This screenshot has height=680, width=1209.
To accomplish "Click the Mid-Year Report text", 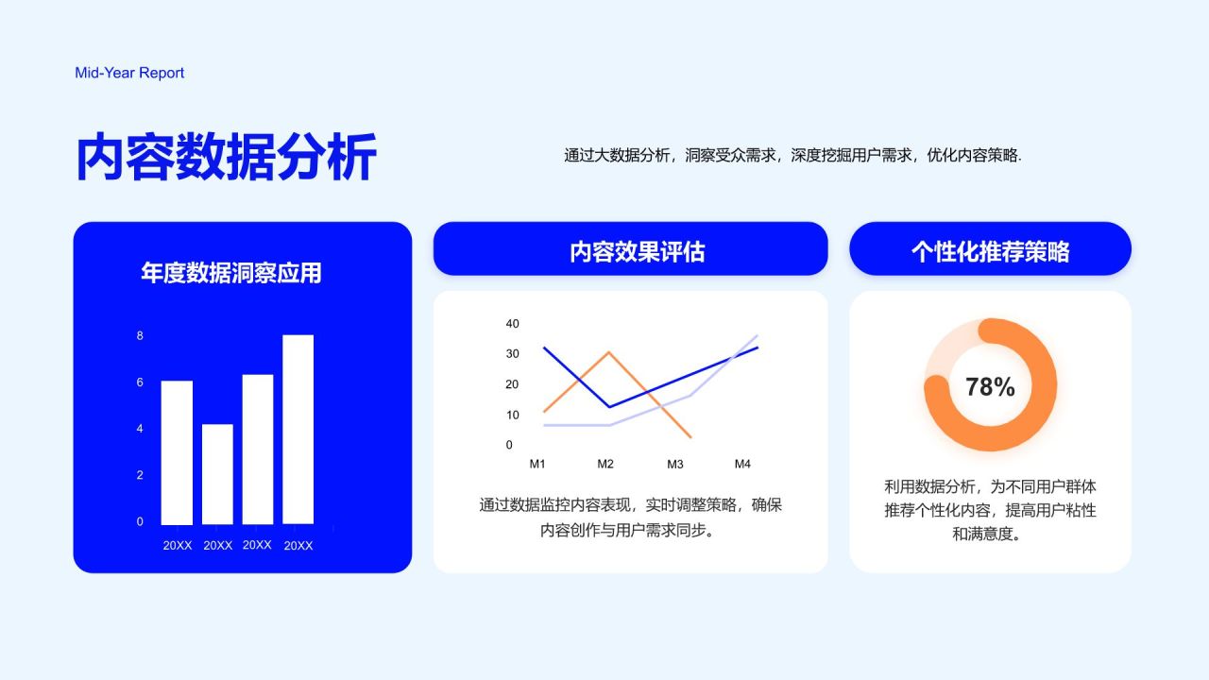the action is tap(129, 73).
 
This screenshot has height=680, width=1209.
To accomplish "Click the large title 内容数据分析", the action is tap(226, 157).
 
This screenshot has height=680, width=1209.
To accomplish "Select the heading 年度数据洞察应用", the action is tap(231, 273).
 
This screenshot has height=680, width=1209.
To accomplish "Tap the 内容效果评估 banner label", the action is tap(637, 251).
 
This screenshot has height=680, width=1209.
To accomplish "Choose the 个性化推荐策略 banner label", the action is tap(991, 251).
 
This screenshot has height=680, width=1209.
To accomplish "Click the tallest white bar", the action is tap(298, 429).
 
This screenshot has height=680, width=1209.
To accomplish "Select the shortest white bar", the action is tap(217, 474).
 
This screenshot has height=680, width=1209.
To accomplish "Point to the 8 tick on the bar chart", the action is tap(140, 335).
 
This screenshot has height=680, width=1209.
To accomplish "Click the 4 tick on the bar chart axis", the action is tap(140, 429).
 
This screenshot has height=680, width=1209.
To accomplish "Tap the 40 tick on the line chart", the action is tap(512, 323).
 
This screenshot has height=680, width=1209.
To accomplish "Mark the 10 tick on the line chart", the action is tap(512, 415).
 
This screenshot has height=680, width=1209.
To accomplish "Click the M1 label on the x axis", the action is tap(537, 464).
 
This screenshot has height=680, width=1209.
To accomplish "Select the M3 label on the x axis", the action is tap(675, 464).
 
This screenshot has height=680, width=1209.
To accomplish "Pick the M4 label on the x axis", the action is tap(742, 464).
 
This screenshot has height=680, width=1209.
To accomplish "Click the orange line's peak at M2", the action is tap(609, 352).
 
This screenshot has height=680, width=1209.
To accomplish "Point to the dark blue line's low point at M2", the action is tap(609, 407).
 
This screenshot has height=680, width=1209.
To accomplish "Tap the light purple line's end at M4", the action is tap(757, 335).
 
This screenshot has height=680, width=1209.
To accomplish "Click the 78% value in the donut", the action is tap(990, 386).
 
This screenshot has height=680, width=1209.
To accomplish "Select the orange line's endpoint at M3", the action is tap(690, 437).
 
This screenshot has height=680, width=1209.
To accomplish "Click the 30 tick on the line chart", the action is tap(512, 353).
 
